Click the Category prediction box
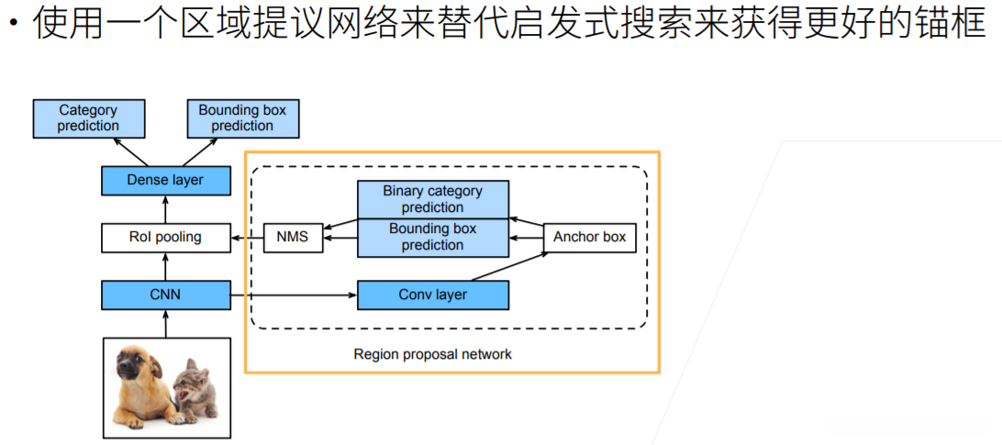(88, 117)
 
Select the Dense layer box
(165, 180)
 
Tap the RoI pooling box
(165, 237)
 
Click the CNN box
(165, 295)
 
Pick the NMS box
(293, 237)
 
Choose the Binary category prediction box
(432, 199)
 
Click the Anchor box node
(589, 237)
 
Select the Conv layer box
(432, 295)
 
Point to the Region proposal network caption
(432, 354)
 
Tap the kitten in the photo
(192, 389)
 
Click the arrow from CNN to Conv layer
(293, 295)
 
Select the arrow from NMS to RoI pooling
(246, 237)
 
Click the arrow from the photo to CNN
(165, 323)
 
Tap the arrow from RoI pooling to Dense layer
(165, 208)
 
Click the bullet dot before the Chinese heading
(12, 22)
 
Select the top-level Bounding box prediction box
(242, 117)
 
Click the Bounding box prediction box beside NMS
(432, 238)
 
